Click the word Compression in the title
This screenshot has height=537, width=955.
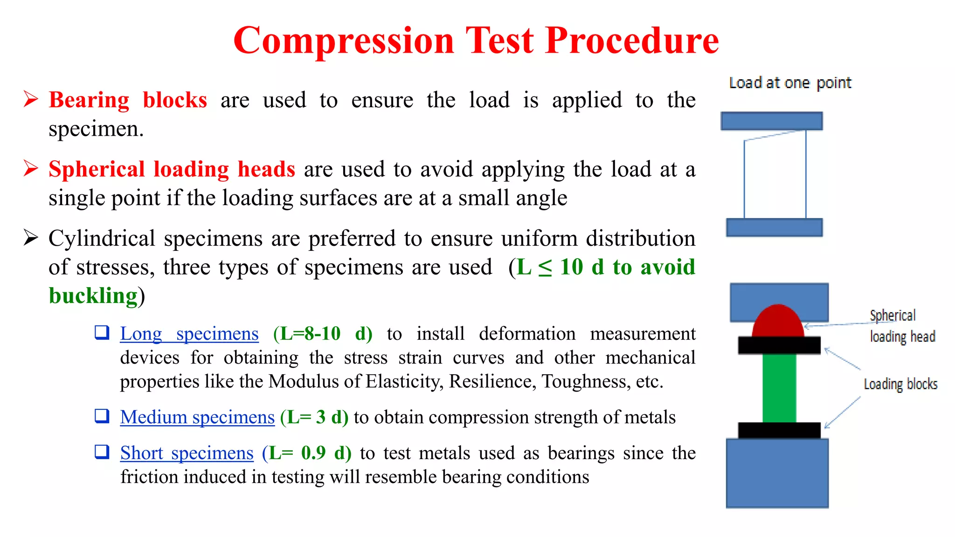click(344, 41)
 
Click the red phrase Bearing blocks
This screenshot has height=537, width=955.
click(128, 100)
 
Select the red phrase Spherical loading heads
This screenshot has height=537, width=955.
click(172, 169)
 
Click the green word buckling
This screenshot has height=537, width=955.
click(93, 296)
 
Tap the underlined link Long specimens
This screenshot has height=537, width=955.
click(189, 334)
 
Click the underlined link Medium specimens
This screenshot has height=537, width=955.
click(197, 417)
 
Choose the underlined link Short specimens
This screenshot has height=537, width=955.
click(187, 453)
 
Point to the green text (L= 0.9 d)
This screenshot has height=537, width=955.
click(306, 453)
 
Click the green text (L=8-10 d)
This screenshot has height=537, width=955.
click(323, 334)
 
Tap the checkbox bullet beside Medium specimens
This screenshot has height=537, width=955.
click(102, 416)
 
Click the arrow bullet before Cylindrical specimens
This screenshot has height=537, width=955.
click(31, 238)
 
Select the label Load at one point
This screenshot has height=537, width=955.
click(790, 83)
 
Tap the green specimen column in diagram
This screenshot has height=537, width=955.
click(779, 388)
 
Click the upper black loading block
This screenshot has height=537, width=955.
click(779, 345)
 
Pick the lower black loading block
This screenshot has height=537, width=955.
click(779, 430)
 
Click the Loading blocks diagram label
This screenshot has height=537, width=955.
click(900, 385)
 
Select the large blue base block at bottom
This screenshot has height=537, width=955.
click(777, 473)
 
